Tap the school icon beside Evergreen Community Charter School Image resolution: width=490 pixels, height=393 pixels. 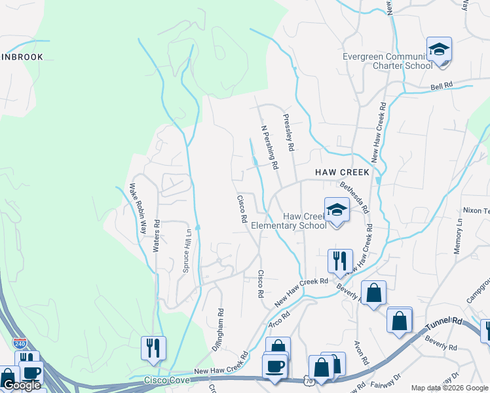(439, 50)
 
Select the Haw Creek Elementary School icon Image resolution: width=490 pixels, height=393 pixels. (337, 210)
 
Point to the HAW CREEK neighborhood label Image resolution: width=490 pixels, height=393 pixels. (342, 172)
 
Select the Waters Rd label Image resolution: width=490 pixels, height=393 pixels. (157, 236)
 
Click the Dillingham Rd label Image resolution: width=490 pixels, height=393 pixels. (220, 330)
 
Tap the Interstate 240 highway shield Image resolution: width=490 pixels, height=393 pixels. (20, 343)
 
